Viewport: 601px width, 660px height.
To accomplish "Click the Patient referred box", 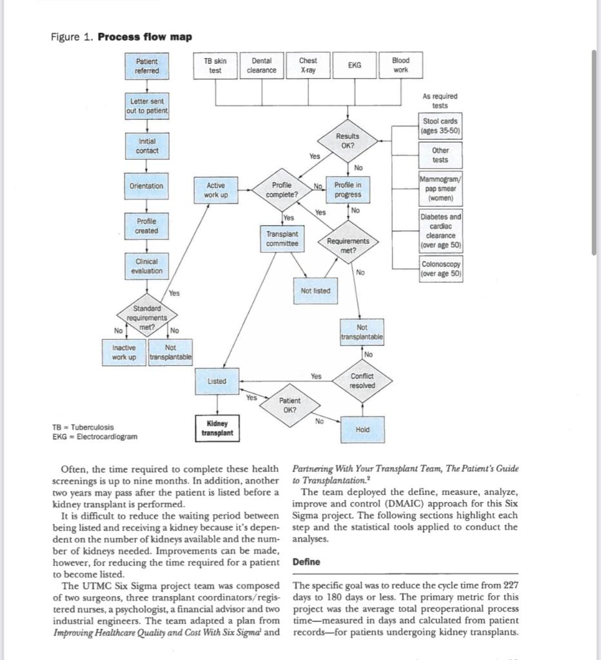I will pos(147,66).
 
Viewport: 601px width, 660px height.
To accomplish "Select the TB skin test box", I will pos(215,66).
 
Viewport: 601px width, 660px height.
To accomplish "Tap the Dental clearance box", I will pos(262,66).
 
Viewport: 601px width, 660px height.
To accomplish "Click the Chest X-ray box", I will pos(308,66).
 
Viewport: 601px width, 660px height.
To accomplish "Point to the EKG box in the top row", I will pos(354,66).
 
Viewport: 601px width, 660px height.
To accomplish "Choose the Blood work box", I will pos(400,66).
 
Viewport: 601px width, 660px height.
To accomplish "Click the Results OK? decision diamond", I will pos(347,141).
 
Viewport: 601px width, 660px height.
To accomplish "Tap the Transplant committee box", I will pos(282,238).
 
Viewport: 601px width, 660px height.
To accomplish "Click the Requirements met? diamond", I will pos(348,246).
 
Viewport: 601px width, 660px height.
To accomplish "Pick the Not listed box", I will pos(315,291).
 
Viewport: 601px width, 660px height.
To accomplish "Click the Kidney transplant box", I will pos(217,428).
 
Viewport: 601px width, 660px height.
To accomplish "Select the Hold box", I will pos(362,429).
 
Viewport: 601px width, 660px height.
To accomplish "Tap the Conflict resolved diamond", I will pos(362,381).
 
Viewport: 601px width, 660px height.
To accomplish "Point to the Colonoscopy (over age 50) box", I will pos(440,269).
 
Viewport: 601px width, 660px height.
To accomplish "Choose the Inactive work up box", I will pos(124,352).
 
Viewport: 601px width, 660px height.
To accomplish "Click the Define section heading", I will pos(306,562).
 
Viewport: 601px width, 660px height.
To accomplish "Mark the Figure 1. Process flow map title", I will pos(121,36).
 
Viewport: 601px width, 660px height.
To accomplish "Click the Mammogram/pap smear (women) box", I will pos(440,188).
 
